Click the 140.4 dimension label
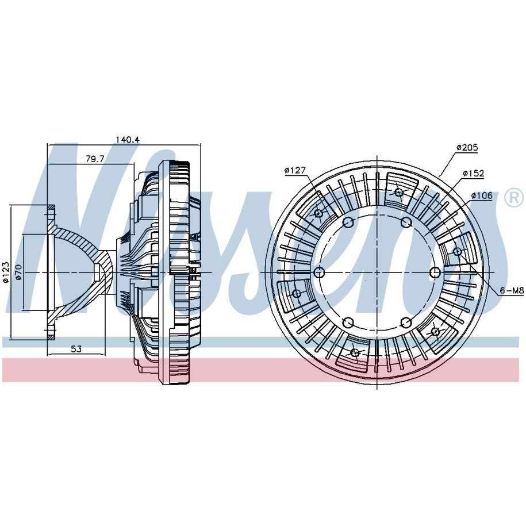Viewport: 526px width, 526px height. pyautogui.click(x=128, y=139)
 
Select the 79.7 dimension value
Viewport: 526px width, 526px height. pyautogui.click(x=95, y=159)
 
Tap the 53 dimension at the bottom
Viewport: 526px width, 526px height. pyautogui.click(x=76, y=349)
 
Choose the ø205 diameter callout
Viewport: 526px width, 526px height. pyautogui.click(x=467, y=147)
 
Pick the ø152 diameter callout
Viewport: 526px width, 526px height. pyautogui.click(x=473, y=174)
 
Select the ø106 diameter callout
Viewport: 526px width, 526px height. pyautogui.click(x=481, y=195)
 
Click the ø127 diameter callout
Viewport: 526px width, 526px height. pyautogui.click(x=295, y=170)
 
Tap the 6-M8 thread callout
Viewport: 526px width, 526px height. pyautogui.click(x=512, y=290)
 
